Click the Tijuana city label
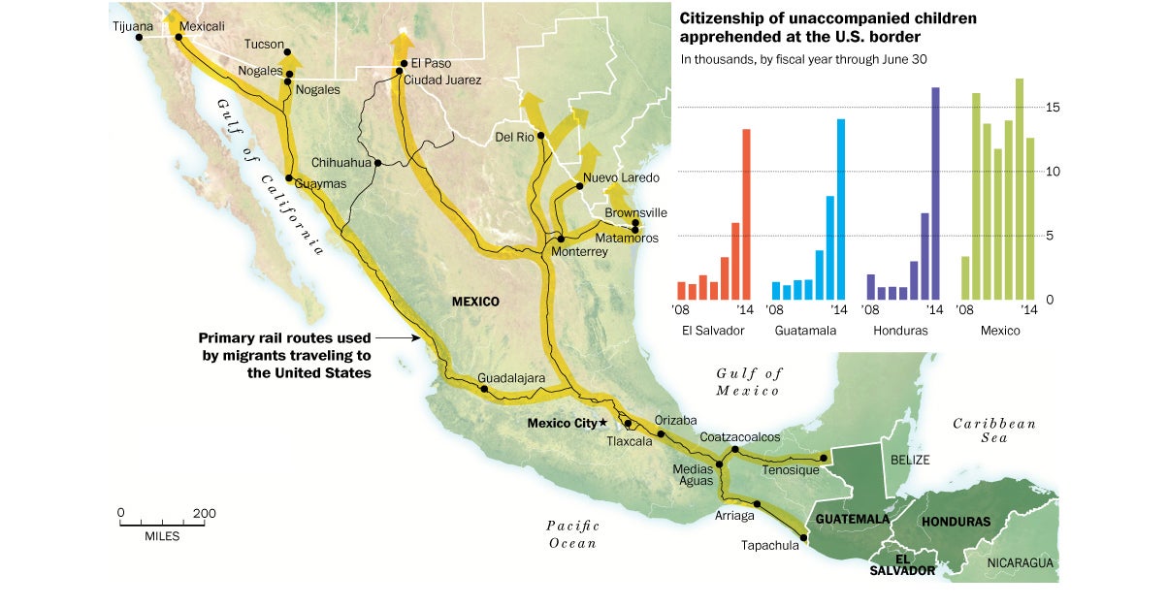(133, 25)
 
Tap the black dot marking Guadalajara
(484, 390)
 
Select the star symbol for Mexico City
(602, 423)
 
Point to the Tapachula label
(769, 545)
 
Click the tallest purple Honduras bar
(935, 193)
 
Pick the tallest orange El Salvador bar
(746, 214)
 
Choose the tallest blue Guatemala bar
(841, 208)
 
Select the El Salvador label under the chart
(713, 331)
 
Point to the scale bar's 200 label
(204, 513)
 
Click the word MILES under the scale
(162, 536)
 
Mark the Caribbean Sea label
(994, 431)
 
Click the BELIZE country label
(910, 460)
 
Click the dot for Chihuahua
(377, 163)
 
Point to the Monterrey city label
(578, 252)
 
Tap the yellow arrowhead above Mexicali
(172, 18)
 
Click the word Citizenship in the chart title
(724, 18)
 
